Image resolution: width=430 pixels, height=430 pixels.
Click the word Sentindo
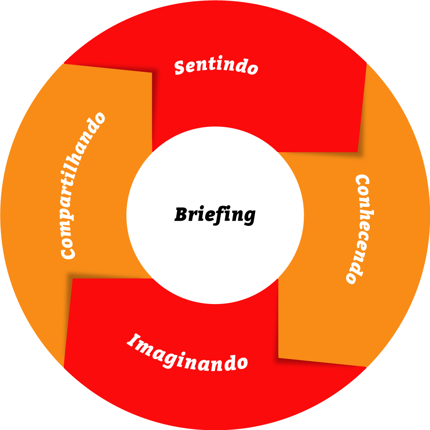tap(216, 67)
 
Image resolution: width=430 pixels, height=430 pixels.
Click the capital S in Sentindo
tap(180, 68)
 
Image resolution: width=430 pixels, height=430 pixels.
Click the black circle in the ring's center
tap(215, 215)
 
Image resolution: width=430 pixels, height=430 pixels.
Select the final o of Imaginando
tap(243, 363)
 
